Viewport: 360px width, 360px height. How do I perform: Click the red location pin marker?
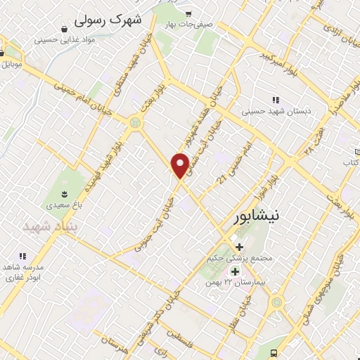click(180, 165)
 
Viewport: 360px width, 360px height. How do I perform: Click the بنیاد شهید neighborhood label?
click(49, 227)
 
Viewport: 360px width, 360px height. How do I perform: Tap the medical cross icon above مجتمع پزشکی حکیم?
click(240, 247)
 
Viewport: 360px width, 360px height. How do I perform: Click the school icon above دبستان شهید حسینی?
click(276, 101)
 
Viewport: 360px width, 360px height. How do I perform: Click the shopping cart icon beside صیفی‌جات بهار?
click(188, 13)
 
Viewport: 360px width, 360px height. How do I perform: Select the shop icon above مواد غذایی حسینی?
click(65, 30)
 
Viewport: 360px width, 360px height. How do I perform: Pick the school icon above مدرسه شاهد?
click(22, 257)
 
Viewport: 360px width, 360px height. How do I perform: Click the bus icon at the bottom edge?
click(273, 354)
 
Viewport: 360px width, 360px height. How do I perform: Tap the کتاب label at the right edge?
click(351, 162)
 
